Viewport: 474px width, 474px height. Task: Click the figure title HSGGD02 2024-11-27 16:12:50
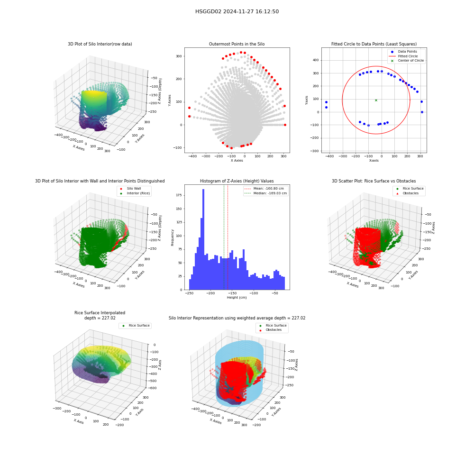(237, 11)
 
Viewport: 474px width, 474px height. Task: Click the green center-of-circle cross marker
(376, 100)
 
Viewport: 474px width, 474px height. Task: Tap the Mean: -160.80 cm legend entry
(264, 188)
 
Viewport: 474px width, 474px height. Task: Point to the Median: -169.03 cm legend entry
(265, 193)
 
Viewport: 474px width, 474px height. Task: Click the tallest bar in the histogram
(203, 239)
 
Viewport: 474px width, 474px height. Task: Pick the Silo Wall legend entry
(131, 188)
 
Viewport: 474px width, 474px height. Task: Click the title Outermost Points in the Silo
(237, 44)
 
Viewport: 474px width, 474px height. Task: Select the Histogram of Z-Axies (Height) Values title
(237, 181)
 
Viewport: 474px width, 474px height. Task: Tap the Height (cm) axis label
(237, 298)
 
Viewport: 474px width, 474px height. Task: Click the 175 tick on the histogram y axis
(179, 195)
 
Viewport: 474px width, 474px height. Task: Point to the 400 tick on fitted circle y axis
(316, 60)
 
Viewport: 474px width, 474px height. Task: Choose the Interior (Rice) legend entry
(135, 193)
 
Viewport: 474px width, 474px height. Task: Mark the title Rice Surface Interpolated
(100, 313)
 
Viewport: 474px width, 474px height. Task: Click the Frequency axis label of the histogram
(173, 237)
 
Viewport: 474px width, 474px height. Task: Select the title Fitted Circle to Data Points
(374, 44)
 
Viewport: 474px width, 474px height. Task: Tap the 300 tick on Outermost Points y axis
(179, 56)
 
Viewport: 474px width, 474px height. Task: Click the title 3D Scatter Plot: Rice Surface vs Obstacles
(374, 181)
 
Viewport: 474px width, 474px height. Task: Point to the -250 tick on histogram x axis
(189, 293)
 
